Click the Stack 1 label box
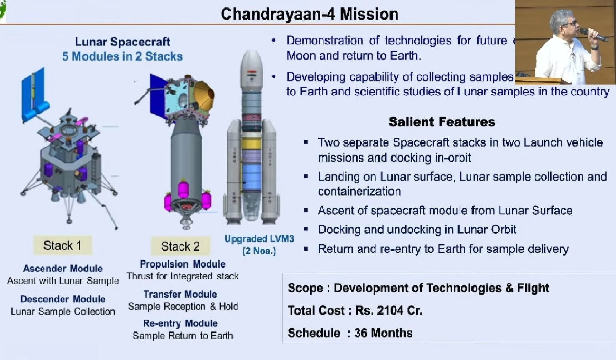(62, 245)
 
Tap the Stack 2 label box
(180, 246)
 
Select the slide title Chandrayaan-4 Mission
(309, 14)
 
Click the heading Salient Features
(442, 122)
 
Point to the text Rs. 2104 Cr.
(388, 311)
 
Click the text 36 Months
(383, 333)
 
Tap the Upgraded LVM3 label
(259, 239)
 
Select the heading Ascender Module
(63, 268)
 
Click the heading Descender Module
(63, 299)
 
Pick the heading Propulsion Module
(182, 264)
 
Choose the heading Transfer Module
(180, 294)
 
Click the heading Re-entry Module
(180, 323)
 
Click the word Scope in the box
(305, 288)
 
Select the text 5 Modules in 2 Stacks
(123, 56)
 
